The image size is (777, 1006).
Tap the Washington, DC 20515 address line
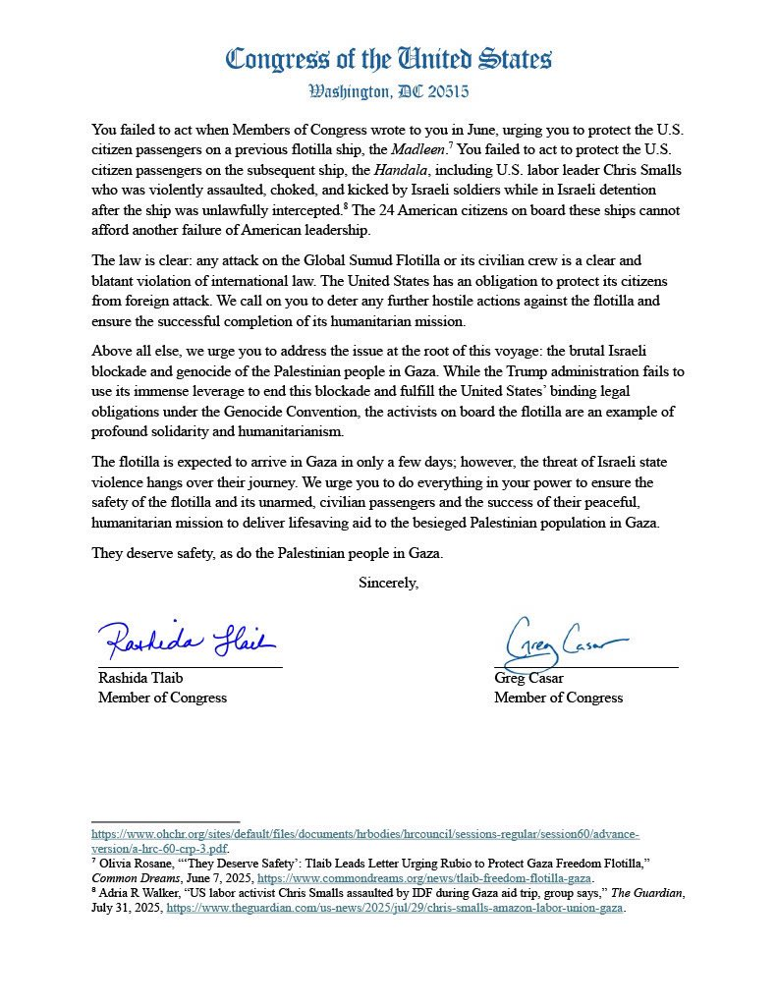click(x=388, y=92)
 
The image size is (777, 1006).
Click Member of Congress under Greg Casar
click(x=558, y=698)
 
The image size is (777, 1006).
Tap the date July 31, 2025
click(x=126, y=908)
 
